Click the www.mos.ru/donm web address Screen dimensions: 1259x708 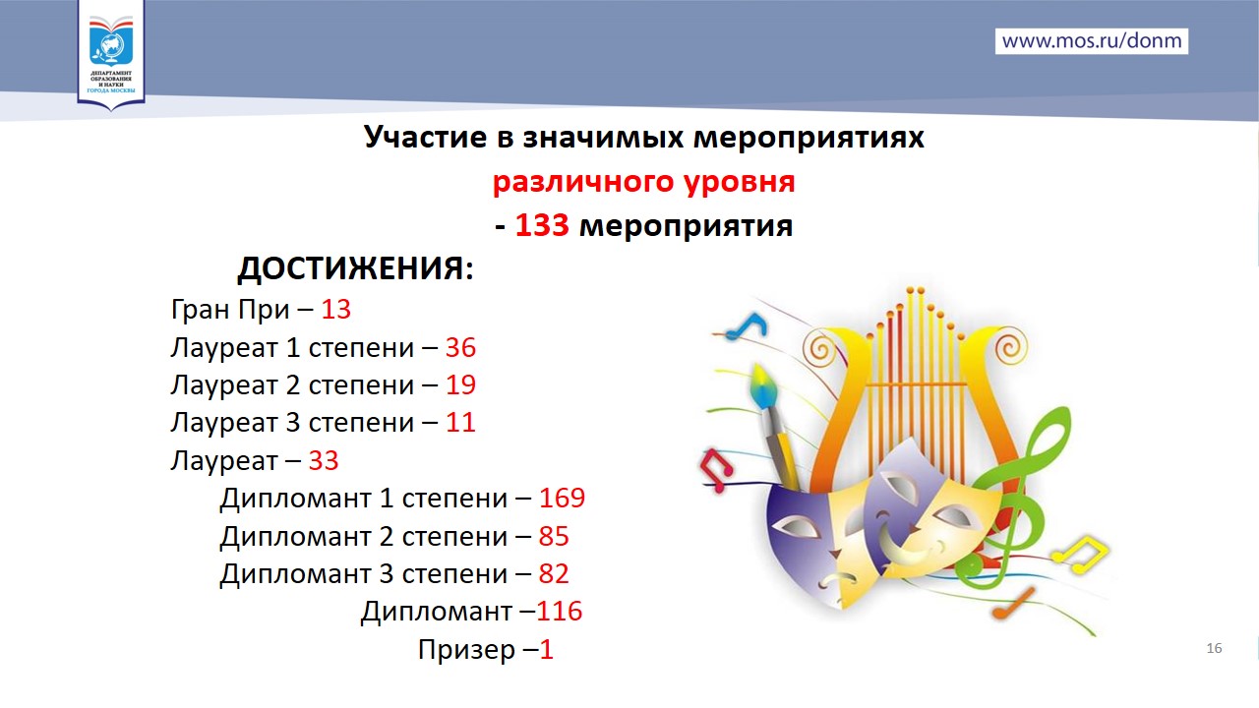(1092, 41)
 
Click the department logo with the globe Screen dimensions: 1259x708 (111, 54)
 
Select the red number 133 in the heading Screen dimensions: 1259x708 (542, 225)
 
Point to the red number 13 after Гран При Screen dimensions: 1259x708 (335, 309)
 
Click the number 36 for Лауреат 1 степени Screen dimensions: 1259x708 (460, 347)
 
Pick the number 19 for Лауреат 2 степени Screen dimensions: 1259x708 (460, 384)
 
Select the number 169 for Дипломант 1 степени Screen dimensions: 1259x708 (562, 498)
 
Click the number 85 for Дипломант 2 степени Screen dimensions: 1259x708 (554, 536)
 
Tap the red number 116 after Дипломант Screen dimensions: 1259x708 (560, 611)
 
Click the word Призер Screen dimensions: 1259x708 (466, 650)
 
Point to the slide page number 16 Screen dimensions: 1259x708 (1214, 648)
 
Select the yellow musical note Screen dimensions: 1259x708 (1081, 556)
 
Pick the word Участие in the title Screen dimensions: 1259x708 (425, 138)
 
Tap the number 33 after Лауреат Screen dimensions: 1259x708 (324, 461)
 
